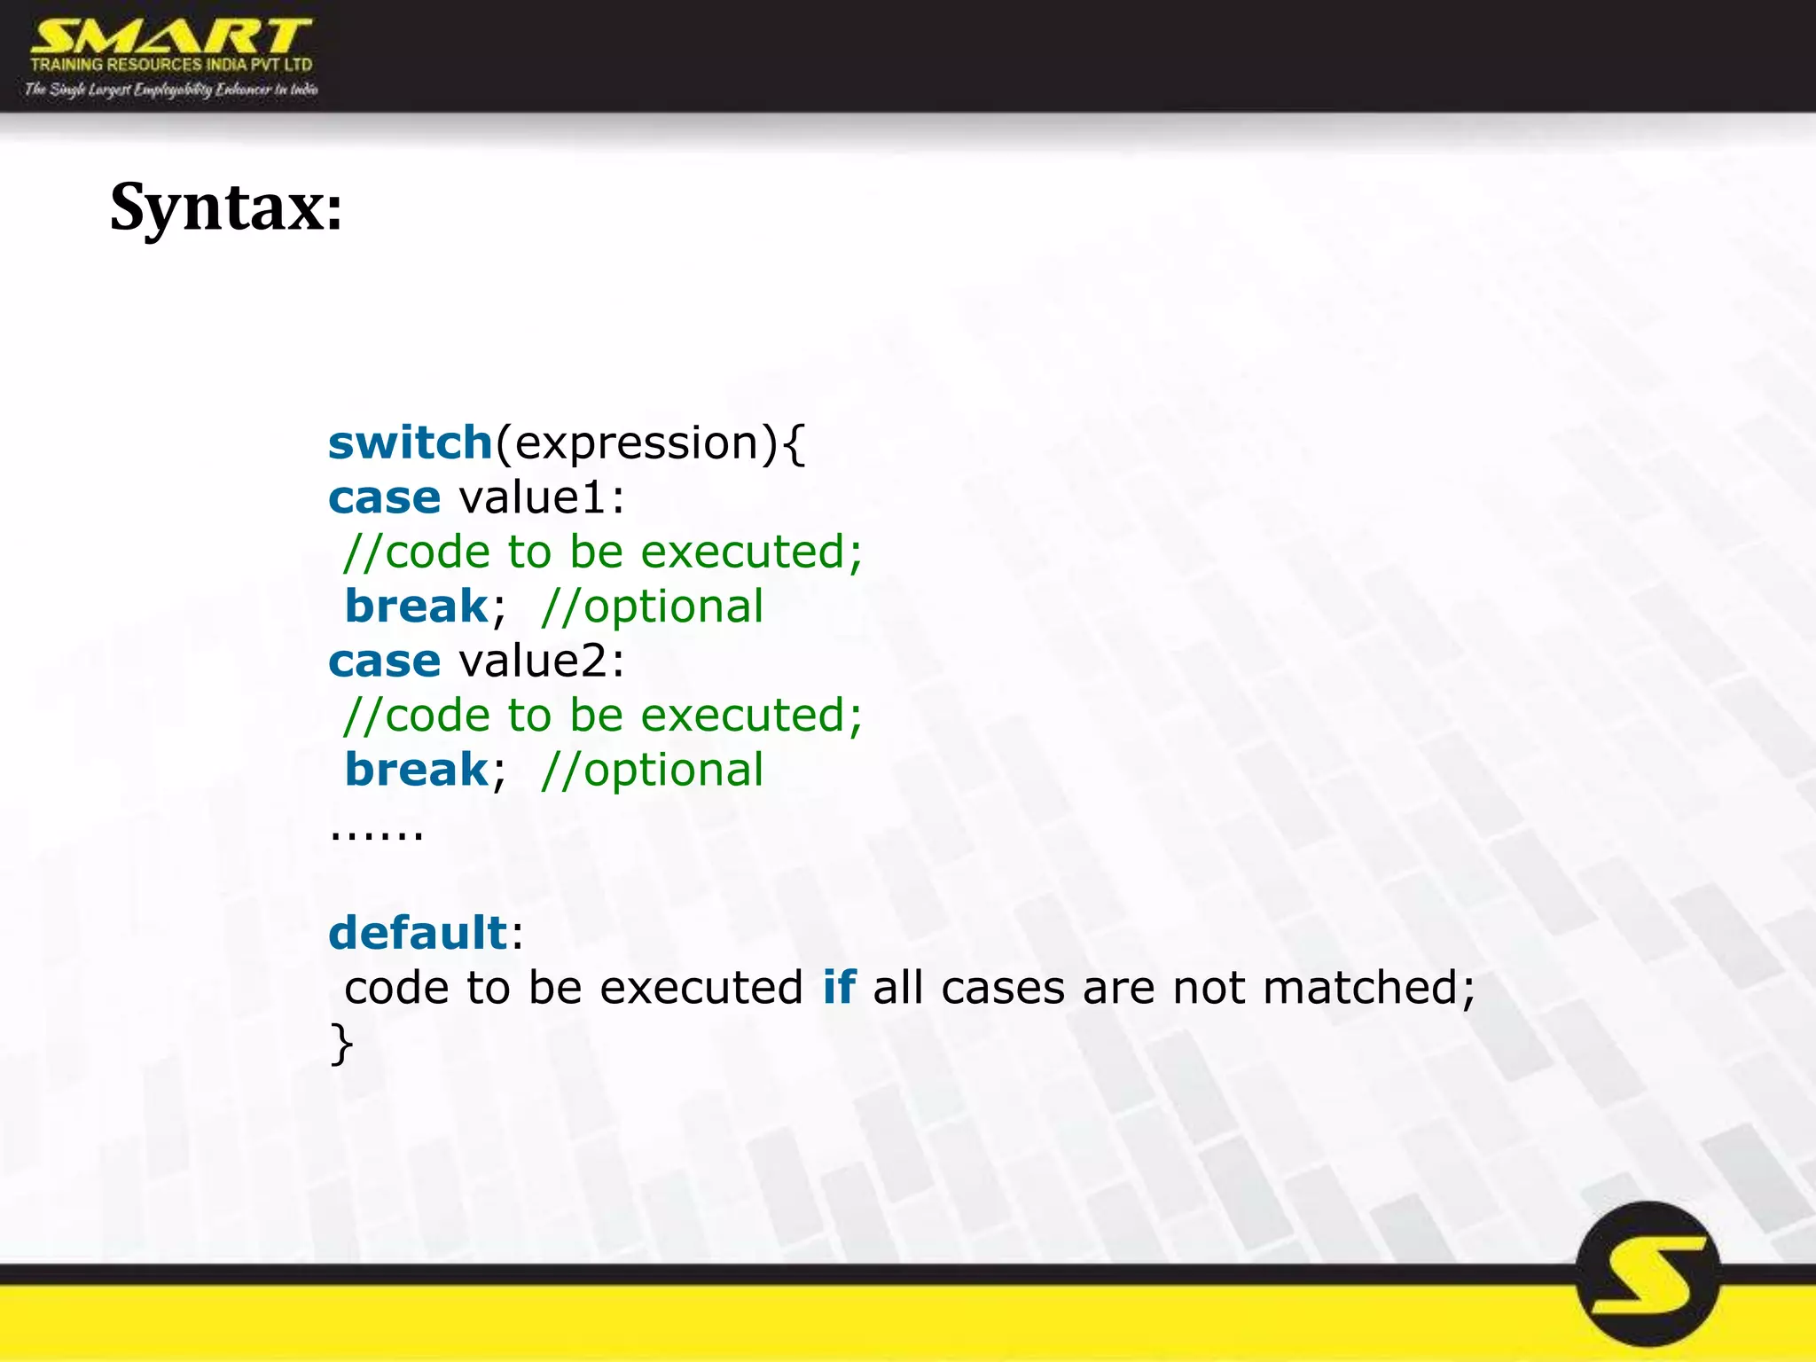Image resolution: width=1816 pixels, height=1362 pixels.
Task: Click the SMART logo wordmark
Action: click(170, 37)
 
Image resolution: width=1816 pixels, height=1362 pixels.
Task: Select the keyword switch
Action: click(410, 442)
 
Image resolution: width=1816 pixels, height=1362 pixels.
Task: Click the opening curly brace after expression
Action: click(794, 442)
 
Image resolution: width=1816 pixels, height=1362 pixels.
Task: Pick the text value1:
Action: click(541, 497)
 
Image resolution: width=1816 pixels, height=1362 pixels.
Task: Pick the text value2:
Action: click(541, 661)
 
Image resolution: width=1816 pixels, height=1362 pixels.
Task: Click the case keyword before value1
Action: click(384, 497)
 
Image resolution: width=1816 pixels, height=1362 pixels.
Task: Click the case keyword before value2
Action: click(384, 661)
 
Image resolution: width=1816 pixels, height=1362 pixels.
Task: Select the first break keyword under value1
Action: click(416, 607)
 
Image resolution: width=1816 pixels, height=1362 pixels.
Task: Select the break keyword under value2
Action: click(416, 770)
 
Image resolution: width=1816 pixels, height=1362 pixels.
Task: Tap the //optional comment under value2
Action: click(652, 770)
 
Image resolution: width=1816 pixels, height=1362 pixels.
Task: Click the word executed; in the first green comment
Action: click(751, 552)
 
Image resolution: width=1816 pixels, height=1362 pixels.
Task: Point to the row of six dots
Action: click(377, 834)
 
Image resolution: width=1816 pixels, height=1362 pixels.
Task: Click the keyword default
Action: click(418, 933)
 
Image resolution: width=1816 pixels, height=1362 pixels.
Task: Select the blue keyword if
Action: click(839, 987)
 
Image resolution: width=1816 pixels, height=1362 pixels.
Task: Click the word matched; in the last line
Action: click(1369, 987)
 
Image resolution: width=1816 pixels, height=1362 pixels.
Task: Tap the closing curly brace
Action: click(341, 1043)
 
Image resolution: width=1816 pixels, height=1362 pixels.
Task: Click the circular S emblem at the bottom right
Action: click(1648, 1273)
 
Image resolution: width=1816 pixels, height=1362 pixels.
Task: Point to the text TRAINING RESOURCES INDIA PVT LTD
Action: click(171, 65)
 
